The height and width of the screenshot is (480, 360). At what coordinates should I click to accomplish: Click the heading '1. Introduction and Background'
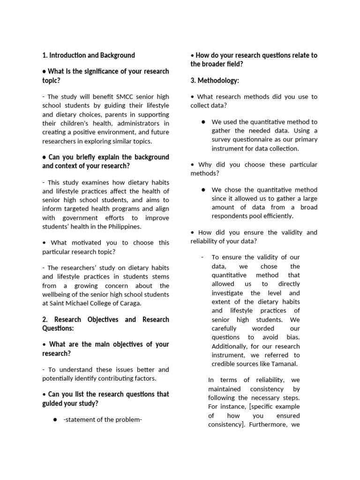88,55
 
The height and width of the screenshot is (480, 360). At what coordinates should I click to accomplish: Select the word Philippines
124,227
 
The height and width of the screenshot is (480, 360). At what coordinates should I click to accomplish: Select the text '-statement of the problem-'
102,420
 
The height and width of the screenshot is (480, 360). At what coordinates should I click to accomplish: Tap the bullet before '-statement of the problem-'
55,420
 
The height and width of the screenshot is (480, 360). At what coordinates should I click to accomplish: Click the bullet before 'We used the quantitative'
203,122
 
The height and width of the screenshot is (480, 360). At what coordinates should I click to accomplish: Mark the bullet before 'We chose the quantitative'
203,190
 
